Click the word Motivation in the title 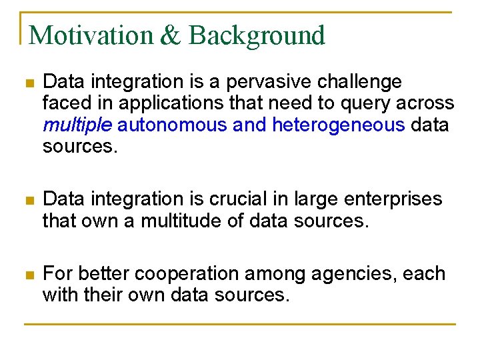point(92,35)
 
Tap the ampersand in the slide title point(171,35)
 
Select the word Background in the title point(257,35)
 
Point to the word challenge point(361,82)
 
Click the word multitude point(182,221)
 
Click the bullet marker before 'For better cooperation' point(27,275)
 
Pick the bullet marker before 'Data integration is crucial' point(27,200)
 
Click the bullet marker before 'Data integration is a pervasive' point(27,83)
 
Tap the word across point(430,103)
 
